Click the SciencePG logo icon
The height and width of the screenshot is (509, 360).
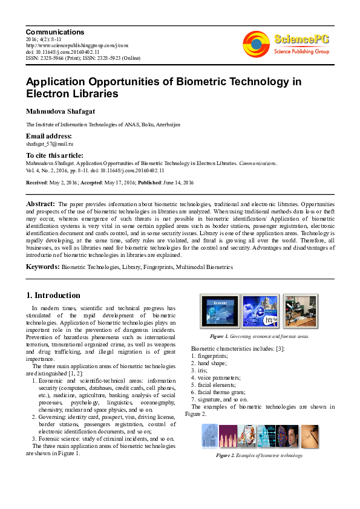(x=256, y=44)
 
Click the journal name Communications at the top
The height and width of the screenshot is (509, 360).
(x=55, y=32)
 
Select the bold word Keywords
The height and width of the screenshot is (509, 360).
(x=42, y=267)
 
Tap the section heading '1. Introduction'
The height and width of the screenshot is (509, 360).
(x=53, y=296)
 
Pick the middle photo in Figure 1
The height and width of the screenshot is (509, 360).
(x=260, y=311)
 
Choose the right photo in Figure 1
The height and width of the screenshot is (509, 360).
(x=299, y=311)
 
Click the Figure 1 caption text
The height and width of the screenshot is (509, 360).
(x=259, y=336)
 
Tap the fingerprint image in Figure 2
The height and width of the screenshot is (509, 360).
(x=210, y=436)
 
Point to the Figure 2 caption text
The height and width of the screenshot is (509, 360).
(x=259, y=455)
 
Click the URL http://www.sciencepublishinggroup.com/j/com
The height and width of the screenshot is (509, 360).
(x=77, y=45)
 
